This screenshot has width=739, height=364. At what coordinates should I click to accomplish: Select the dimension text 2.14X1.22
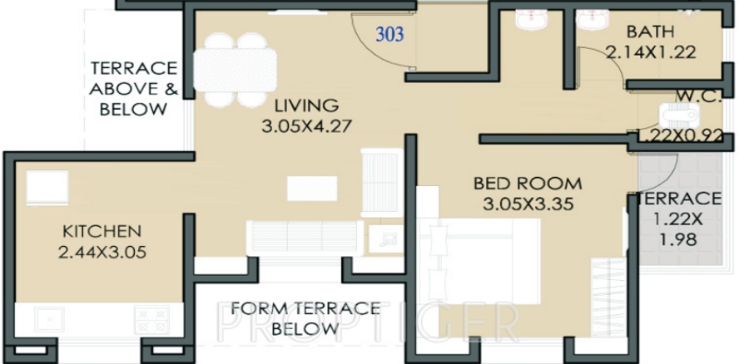coord(650,52)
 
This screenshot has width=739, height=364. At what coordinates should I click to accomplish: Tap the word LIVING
coord(308,106)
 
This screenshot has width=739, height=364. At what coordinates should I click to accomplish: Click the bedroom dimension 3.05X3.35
coord(528,203)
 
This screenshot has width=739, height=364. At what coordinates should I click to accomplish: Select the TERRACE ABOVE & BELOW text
coord(134,88)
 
